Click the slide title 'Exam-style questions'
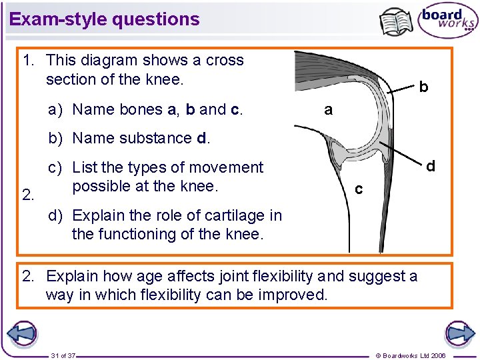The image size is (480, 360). point(105,19)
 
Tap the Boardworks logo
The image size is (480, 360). point(448,20)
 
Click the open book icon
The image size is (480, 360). point(396,21)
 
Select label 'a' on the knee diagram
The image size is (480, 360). point(327,109)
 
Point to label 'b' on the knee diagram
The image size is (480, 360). point(423,87)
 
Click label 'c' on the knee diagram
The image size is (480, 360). point(359,190)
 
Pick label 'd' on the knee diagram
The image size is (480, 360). point(431,166)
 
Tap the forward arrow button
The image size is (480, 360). point(459,333)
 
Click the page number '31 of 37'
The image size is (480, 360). point(63,355)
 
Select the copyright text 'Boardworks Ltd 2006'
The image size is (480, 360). point(413,355)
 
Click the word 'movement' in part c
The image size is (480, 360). point(228,167)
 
